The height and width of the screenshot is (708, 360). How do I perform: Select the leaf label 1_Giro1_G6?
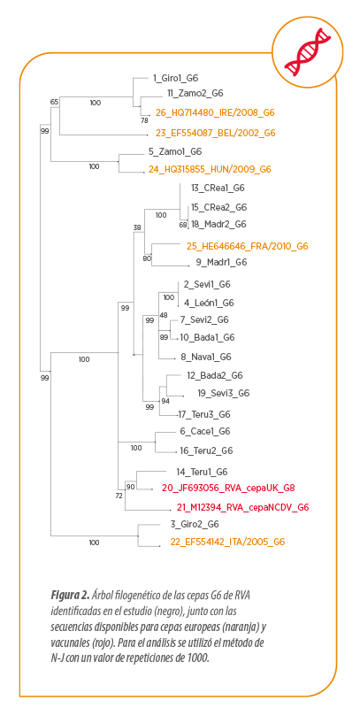coord(175,78)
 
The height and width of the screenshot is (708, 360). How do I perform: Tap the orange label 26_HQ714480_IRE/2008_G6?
coord(215,112)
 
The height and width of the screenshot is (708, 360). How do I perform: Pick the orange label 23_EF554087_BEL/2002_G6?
coord(216,133)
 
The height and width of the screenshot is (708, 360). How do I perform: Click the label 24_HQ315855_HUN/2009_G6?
coord(210,169)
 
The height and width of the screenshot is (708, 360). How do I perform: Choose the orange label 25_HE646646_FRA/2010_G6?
coord(247,246)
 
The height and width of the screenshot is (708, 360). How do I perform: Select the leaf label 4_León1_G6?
coord(209,303)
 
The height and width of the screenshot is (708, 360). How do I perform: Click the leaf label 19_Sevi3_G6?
coord(224,393)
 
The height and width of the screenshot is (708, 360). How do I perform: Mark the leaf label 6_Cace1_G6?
coord(205,431)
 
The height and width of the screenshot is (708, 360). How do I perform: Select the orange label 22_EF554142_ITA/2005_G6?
coord(227,542)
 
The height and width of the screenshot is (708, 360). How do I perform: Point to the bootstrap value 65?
coord(54,102)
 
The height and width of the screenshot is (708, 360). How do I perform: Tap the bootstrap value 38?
coord(137,227)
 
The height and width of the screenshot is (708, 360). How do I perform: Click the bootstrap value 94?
coord(166,401)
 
